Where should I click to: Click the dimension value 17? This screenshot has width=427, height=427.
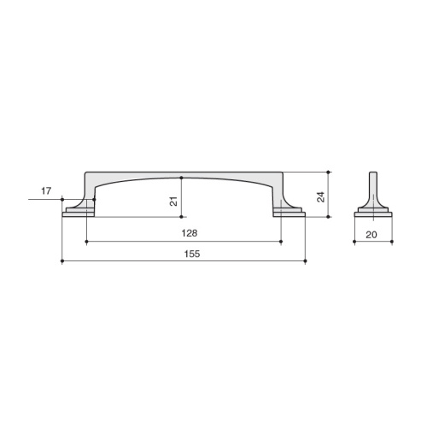click(x=46, y=191)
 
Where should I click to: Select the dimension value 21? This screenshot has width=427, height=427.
click(x=173, y=201)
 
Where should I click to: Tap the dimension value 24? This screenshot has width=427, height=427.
click(x=321, y=197)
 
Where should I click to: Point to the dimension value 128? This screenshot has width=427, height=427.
click(x=190, y=233)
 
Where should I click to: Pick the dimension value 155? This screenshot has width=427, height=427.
click(x=192, y=254)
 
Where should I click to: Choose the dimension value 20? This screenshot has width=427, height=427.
click(x=371, y=235)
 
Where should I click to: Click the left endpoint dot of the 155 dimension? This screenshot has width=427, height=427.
click(x=62, y=260)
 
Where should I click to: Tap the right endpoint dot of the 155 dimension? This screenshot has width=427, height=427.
click(x=305, y=260)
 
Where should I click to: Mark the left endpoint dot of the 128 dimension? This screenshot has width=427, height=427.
click(x=86, y=242)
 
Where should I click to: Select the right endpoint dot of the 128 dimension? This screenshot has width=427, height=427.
click(x=281, y=242)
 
